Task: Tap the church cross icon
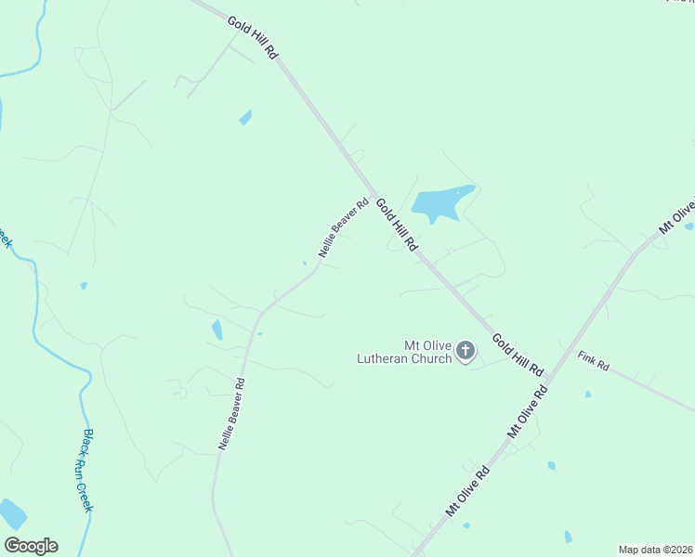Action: tap(466, 351)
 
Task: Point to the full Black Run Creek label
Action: tap(88, 470)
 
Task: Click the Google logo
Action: tap(31, 546)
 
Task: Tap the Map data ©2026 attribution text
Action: tap(655, 550)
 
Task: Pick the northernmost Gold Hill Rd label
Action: tap(253, 37)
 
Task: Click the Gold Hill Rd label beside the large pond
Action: tap(398, 224)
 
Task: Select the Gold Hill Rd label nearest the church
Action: tap(517, 354)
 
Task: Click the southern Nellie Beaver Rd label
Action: tap(232, 414)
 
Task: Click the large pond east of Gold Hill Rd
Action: tap(441, 202)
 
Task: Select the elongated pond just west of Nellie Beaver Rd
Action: tap(217, 330)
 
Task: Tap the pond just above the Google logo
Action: tap(12, 513)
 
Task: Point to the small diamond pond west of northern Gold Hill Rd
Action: tap(245, 117)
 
